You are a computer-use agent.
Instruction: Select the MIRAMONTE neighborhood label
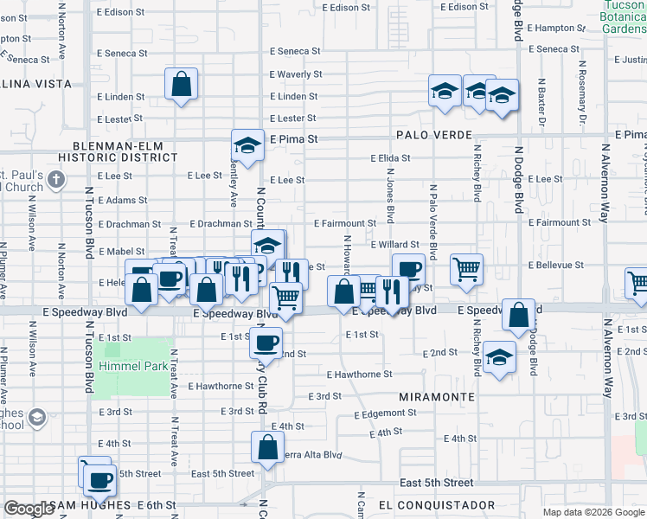437,396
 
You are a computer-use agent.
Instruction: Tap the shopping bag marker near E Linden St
181,85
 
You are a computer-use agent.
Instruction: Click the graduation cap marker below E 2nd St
499,357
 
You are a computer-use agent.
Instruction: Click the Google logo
29,509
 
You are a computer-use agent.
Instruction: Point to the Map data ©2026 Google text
593,512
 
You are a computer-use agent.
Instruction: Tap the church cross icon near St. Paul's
56,180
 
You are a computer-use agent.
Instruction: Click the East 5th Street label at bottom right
436,483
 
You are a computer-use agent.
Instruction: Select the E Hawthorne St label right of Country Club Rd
360,375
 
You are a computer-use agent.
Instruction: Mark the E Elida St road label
390,159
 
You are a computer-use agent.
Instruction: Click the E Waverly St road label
296,75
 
